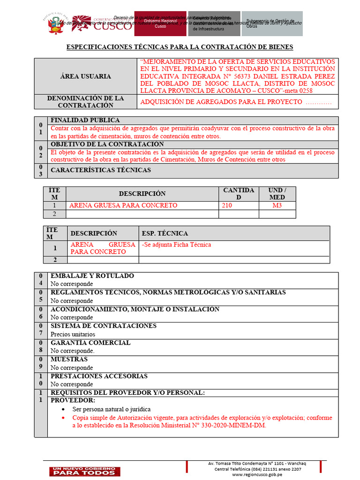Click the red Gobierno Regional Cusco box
coord(160,24)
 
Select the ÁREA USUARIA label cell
coord(85,76)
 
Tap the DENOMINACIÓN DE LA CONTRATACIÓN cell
coord(85,102)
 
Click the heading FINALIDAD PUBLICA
coord(85,120)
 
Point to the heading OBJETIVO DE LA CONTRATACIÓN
coord(107,144)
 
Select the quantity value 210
coord(227,205)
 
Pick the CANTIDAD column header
coord(239,194)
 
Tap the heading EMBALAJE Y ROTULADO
coord(92,276)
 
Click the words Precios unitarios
coord(73,334)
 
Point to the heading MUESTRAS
coord(69,360)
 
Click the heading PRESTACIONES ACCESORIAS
coord(99,376)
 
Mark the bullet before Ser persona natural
coord(63,409)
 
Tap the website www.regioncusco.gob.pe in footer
coord(257,474)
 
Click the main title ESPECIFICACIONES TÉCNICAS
coord(180,47)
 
